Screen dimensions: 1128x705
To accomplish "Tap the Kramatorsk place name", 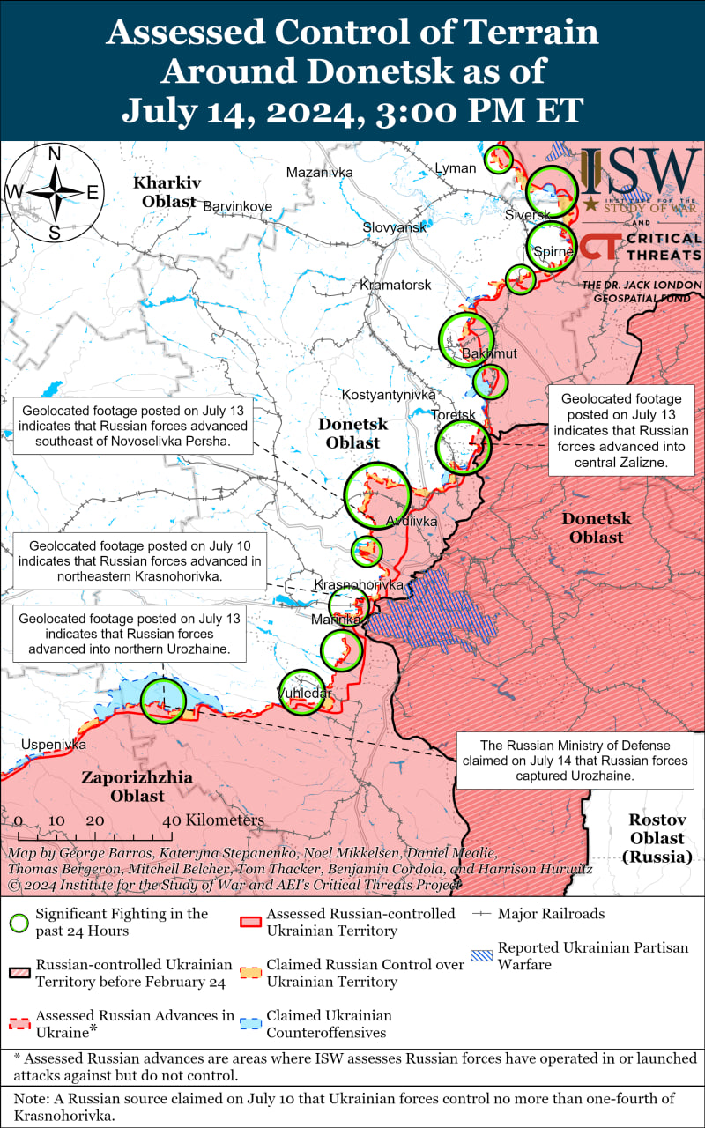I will (395, 285).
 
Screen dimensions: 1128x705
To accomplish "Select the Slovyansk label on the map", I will (394, 227).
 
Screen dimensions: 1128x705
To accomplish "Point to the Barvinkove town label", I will (237, 206).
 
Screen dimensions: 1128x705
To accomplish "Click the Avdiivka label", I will (412, 522).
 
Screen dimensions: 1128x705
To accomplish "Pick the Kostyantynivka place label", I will (389, 395).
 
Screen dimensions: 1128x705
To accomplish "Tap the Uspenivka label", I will (54, 745).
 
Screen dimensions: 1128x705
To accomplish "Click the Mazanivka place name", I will (319, 172).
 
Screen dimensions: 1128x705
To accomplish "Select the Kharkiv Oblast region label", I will (166, 191).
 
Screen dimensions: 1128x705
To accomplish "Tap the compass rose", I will (55, 192).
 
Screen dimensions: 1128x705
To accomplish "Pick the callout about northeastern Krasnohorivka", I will (139, 561).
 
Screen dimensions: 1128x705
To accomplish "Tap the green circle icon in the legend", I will (19, 923).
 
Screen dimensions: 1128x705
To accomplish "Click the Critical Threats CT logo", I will (598, 246).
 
